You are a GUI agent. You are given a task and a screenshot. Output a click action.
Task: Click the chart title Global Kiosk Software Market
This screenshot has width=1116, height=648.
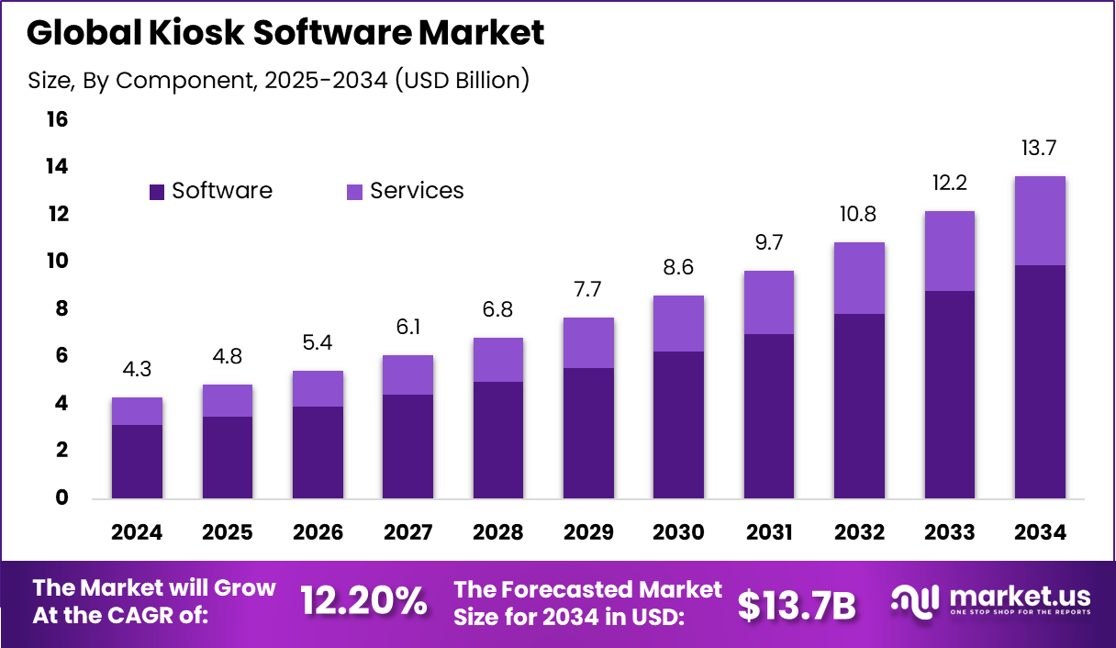tap(285, 33)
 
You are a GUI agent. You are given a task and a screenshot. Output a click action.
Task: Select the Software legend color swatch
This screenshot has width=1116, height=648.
tap(157, 192)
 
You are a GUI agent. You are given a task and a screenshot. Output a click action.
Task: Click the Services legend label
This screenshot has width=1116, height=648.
tap(417, 191)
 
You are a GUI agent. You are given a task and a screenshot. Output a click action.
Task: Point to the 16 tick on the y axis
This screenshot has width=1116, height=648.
tap(57, 119)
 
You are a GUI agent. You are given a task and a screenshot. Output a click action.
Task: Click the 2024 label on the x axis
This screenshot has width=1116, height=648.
tap(137, 533)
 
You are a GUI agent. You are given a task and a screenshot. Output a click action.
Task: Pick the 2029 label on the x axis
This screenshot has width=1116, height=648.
tap(588, 533)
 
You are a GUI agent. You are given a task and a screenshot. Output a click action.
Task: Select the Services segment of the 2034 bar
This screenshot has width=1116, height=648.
tap(1040, 220)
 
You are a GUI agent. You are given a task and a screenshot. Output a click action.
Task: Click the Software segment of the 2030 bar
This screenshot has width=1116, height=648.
tap(678, 425)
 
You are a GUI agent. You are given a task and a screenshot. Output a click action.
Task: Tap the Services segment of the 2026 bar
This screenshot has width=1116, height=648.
tap(318, 388)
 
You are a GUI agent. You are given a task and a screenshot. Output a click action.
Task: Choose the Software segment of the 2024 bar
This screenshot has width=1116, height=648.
tap(137, 462)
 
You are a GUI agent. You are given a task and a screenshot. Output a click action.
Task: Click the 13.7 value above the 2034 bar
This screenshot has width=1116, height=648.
tap(1040, 149)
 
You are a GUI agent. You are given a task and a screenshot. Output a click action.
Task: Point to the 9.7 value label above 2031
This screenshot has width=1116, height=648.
tap(769, 243)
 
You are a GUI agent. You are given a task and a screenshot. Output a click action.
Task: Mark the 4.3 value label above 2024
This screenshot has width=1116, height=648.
tap(137, 371)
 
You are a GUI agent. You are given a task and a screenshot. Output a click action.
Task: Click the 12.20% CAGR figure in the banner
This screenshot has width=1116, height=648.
tap(363, 602)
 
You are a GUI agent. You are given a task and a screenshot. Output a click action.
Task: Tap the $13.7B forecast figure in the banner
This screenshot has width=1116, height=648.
tap(797, 604)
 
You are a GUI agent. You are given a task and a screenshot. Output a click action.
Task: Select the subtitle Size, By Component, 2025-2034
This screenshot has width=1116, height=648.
tap(279, 81)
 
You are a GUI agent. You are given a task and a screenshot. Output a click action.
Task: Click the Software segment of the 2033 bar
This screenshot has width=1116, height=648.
tap(950, 395)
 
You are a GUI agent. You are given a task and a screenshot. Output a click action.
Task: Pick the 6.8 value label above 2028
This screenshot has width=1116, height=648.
tap(498, 310)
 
